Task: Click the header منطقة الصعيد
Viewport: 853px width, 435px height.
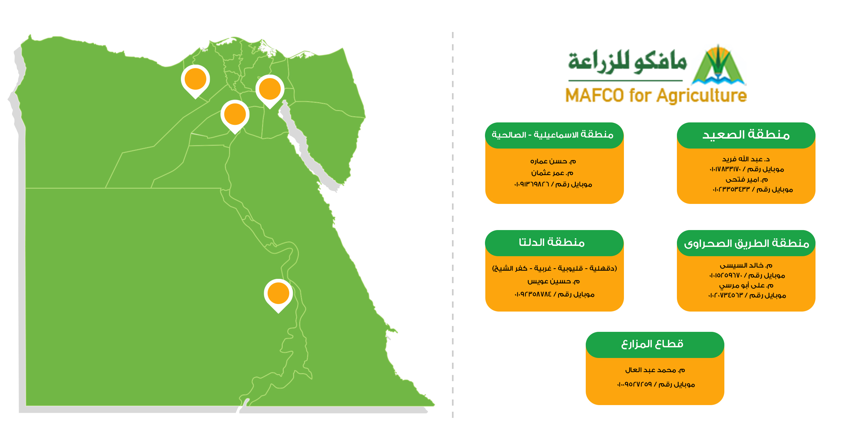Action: coord(746,134)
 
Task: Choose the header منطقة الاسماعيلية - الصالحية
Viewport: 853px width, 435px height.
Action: coord(553,134)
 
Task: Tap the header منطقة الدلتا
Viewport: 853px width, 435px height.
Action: coord(552,242)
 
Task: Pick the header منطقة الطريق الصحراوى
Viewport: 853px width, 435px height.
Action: coord(746,243)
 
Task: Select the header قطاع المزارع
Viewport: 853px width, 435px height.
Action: coord(652,344)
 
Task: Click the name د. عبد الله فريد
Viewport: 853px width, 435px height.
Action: coord(746,159)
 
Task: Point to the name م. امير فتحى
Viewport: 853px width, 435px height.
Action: coord(747,180)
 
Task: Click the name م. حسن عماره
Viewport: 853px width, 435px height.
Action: coord(553,161)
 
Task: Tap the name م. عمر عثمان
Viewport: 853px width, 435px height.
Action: coord(552,173)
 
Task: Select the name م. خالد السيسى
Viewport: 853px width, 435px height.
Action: coord(746,265)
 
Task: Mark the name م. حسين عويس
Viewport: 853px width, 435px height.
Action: coord(553,282)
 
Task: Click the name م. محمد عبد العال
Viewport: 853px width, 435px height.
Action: coord(655,370)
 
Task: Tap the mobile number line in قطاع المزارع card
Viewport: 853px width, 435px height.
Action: coord(656,384)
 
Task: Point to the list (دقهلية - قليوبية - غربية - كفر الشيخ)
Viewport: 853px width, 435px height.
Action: coord(554,268)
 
